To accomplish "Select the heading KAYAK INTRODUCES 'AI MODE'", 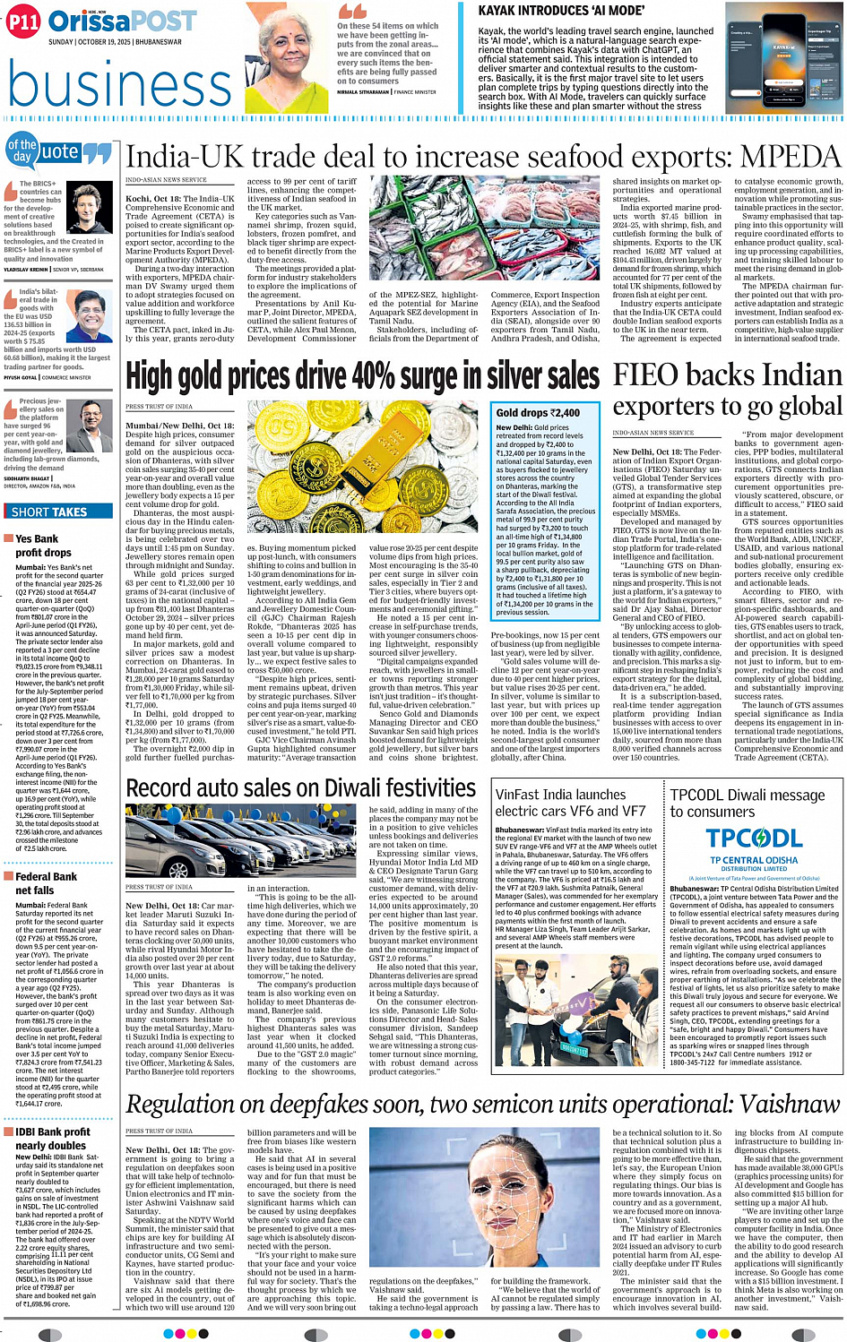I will point(561,11).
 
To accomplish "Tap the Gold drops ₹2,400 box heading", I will point(539,413).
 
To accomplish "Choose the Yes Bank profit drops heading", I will point(40,546).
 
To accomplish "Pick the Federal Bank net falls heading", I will point(45,883).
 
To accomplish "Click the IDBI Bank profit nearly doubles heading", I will point(51,1139).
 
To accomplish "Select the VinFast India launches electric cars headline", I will point(570,803).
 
